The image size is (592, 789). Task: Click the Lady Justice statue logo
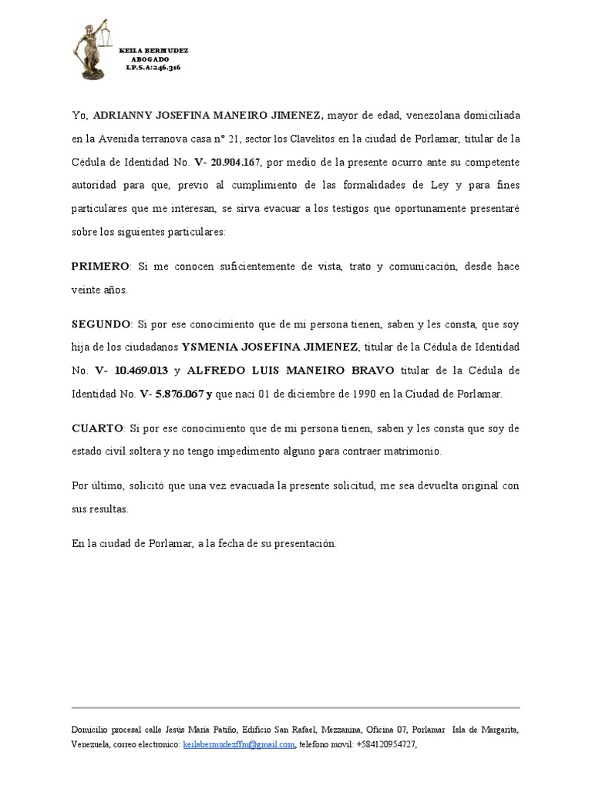92,51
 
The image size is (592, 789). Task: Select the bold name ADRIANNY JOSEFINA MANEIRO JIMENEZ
207,116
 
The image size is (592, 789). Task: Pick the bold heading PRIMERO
100,267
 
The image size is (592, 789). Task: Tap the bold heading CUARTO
97,428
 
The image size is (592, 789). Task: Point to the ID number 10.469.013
140,371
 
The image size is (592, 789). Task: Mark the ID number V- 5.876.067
170,394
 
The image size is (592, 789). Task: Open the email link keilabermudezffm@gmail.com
238,744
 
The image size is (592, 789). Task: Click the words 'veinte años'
100,290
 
